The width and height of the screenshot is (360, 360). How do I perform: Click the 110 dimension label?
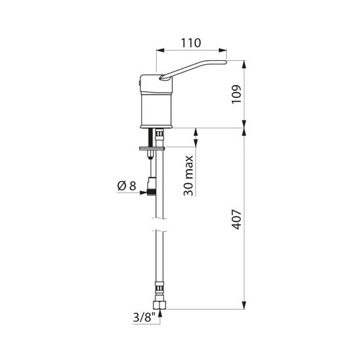[x=190, y=43]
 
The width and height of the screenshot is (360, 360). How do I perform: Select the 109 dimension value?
[x=236, y=95]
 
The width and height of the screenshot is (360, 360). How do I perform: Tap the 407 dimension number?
[x=236, y=220]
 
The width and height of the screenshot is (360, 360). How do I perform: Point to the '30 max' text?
[x=188, y=176]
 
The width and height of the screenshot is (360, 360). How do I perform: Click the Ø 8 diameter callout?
[x=126, y=186]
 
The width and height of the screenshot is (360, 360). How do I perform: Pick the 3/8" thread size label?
[x=144, y=317]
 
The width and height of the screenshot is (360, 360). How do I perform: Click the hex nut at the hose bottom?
[x=159, y=305]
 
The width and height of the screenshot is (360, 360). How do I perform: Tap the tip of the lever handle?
[x=226, y=61]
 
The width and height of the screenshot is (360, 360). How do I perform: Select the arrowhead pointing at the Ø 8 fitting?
[x=143, y=192]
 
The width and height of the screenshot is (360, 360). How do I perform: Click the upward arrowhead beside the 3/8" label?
[x=160, y=313]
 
